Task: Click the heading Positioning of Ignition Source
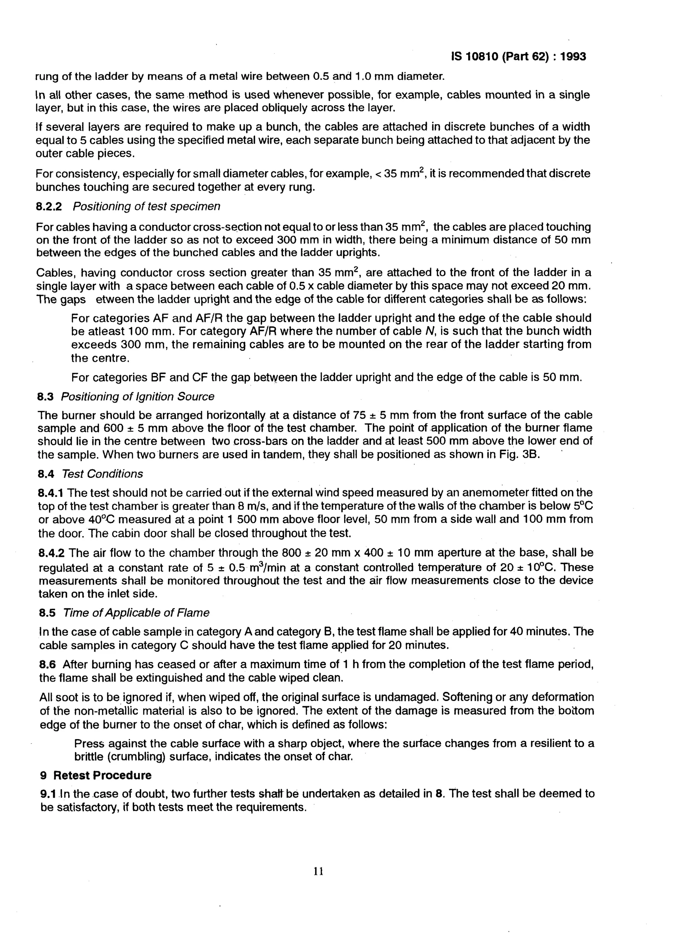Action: click(x=137, y=397)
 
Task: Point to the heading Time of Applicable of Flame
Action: click(x=136, y=613)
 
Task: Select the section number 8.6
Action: click(x=47, y=664)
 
